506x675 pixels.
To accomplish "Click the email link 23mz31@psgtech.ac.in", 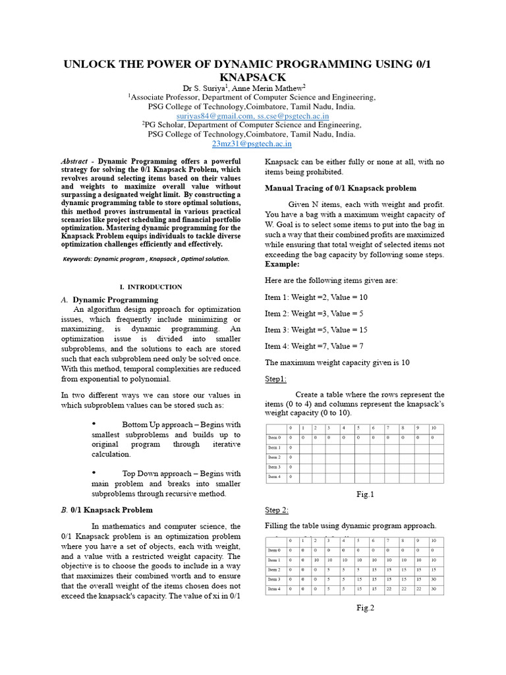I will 252,144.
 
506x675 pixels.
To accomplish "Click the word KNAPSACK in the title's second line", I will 253,76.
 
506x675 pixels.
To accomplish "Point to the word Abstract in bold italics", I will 74,161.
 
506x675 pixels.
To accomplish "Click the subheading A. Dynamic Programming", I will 109,299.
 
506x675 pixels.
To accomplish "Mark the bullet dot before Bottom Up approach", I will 94,423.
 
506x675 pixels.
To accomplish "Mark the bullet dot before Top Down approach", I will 94,472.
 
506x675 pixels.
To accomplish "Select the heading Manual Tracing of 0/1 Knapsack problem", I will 328,188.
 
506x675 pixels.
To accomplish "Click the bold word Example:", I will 282,264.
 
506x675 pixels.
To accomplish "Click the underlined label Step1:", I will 276,379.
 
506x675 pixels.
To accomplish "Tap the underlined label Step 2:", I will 277,510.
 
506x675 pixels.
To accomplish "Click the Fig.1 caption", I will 364,494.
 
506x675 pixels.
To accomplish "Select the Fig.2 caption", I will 364,608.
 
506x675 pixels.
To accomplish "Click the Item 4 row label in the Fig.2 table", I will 274,588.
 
